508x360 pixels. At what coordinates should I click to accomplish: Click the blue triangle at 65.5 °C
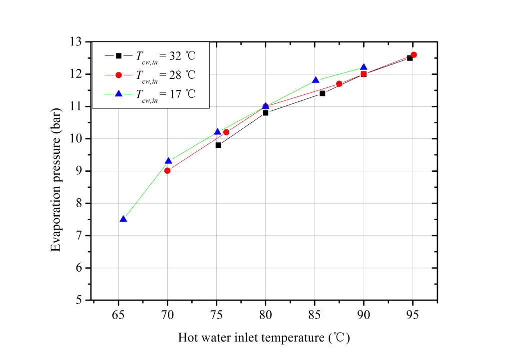[x=123, y=219]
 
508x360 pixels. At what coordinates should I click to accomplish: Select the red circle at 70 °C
[x=167, y=171]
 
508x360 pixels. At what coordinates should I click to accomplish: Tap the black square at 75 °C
[x=218, y=145]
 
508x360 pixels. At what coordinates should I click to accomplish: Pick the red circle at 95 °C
[x=414, y=55]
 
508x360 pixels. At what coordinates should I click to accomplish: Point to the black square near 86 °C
[x=322, y=93]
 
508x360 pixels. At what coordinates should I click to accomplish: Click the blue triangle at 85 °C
[x=316, y=80]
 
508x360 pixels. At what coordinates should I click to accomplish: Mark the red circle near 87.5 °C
[x=339, y=84]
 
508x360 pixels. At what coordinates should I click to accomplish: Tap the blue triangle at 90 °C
[x=364, y=67]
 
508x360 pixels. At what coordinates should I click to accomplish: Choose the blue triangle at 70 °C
[x=168, y=161]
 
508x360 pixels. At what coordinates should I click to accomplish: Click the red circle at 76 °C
[x=226, y=132]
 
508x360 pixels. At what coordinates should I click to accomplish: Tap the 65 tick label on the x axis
[x=118, y=315]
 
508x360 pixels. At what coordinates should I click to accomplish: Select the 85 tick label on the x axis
[x=315, y=315]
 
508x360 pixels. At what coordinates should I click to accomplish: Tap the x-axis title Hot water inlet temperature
[x=264, y=338]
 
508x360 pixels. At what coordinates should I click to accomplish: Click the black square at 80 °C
[x=265, y=113]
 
